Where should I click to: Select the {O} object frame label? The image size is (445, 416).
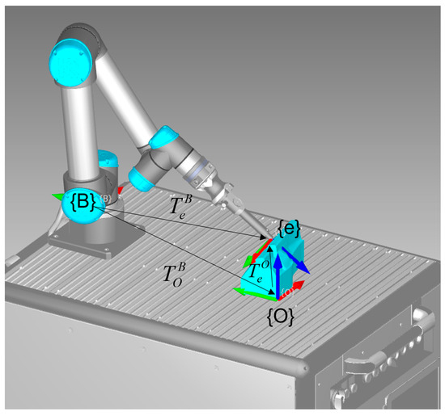click(280, 311)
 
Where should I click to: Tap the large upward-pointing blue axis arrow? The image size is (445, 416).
click(277, 271)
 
